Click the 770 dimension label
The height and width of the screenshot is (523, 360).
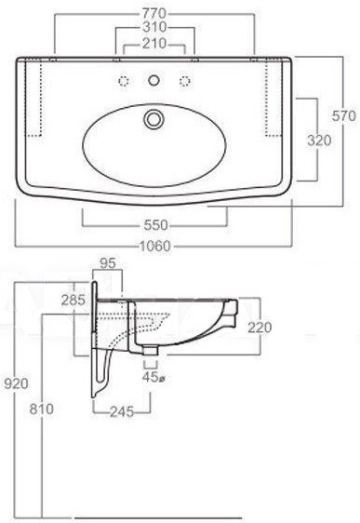tap(154, 14)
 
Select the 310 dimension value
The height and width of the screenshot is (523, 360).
tap(154, 27)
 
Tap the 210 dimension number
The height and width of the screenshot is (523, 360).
tap(154, 44)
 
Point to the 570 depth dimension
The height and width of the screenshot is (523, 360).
tap(344, 115)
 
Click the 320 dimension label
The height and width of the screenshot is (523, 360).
tap(319, 141)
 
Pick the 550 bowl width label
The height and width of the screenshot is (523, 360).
tap(155, 225)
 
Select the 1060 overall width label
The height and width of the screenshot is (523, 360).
tap(154, 247)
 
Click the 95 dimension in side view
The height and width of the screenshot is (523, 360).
tap(108, 263)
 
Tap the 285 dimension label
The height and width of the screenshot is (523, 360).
tap(73, 301)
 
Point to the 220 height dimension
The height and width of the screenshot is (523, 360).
tap(260, 328)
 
